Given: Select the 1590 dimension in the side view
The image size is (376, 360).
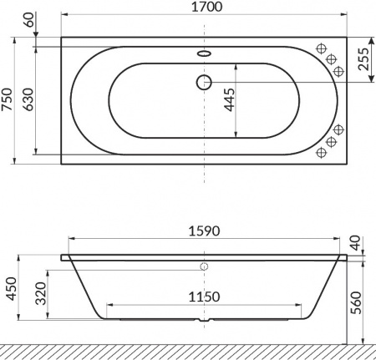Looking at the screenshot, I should (205, 231).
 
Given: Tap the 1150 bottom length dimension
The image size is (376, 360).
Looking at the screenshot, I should (204, 297).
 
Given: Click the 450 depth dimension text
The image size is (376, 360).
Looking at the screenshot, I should (9, 287).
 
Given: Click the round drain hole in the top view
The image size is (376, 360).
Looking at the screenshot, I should (204, 82).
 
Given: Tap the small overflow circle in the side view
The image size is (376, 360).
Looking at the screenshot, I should (204, 268).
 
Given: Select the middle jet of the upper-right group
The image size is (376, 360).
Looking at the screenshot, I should (331, 58).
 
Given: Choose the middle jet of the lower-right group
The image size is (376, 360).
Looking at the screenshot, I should (332, 143).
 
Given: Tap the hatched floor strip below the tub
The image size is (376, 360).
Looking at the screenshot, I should (188, 350).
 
